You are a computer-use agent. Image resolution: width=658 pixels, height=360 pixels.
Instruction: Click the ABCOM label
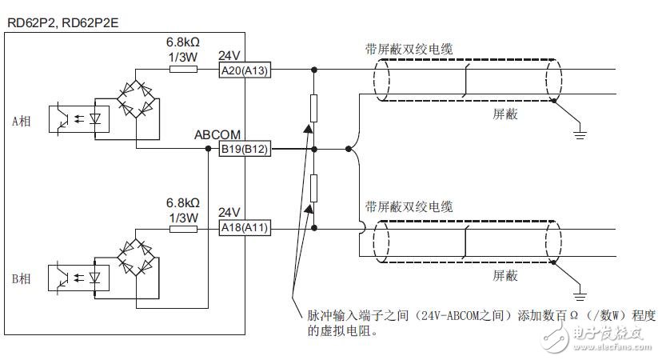pyautogui.click(x=217, y=135)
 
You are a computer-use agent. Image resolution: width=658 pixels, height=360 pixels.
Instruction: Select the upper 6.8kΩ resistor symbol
pyautogui.click(x=183, y=70)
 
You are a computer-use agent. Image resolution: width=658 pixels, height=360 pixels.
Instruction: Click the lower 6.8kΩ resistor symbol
pyautogui.click(x=183, y=228)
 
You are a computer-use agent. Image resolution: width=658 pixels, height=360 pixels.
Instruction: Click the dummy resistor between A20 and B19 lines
pyautogui.click(x=314, y=108)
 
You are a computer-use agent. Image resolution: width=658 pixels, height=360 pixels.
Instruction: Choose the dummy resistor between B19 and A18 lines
pyautogui.click(x=314, y=189)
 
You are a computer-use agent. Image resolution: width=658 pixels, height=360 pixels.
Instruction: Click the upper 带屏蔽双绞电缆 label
pyautogui.click(x=409, y=49)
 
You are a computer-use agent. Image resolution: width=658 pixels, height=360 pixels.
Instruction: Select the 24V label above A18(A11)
pyautogui.click(x=229, y=213)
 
